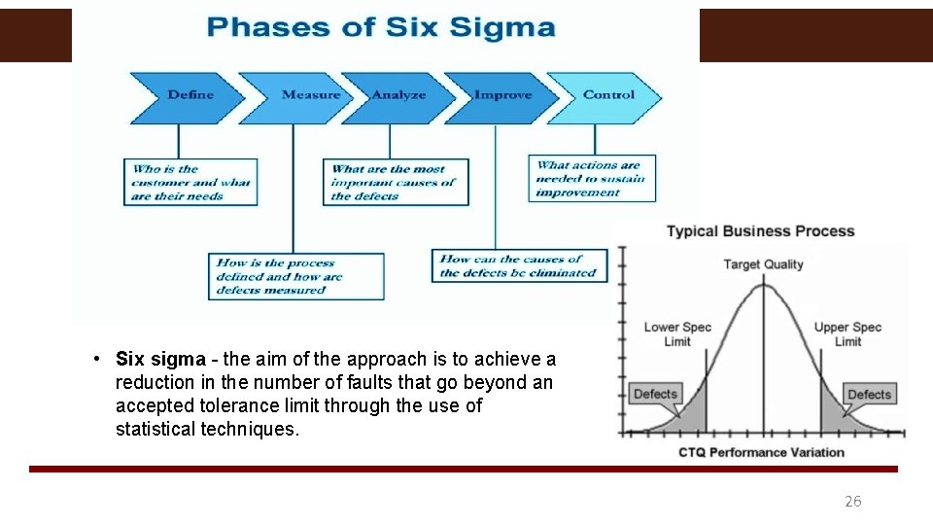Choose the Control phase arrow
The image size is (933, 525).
pyautogui.click(x=607, y=95)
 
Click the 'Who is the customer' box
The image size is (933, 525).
pyautogui.click(x=191, y=182)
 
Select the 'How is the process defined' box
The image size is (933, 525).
pyautogui.click(x=296, y=276)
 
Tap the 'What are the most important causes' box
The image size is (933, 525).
pyautogui.click(x=395, y=182)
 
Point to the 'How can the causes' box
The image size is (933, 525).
pyautogui.click(x=519, y=265)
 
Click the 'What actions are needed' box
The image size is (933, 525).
pyautogui.click(x=592, y=179)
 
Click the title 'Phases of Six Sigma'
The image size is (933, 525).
pyautogui.click(x=381, y=26)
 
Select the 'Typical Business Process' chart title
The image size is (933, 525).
pyautogui.click(x=760, y=231)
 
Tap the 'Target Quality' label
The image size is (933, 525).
pyautogui.click(x=764, y=264)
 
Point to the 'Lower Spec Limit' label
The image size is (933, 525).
pyautogui.click(x=677, y=333)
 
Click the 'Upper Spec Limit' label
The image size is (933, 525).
pyautogui.click(x=847, y=333)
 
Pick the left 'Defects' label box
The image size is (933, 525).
pyautogui.click(x=655, y=394)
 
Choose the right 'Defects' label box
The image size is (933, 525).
pyautogui.click(x=869, y=394)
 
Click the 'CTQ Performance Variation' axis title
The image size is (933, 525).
pyautogui.click(x=762, y=452)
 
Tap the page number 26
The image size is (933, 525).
pyautogui.click(x=852, y=502)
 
